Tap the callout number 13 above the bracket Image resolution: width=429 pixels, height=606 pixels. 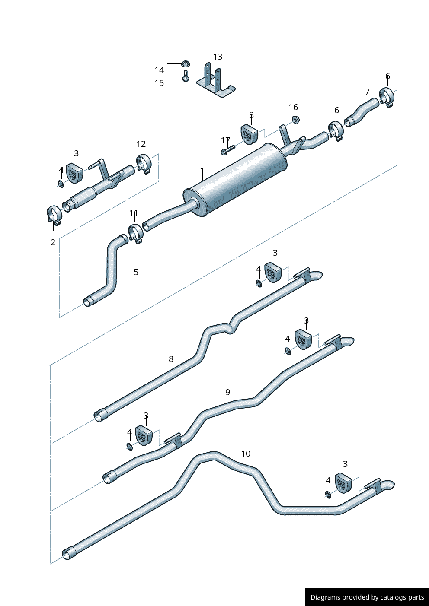pyautogui.click(x=218, y=57)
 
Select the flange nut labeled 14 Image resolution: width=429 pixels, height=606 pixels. pyautogui.click(x=186, y=64)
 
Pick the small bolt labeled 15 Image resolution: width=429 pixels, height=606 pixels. pyautogui.click(x=186, y=76)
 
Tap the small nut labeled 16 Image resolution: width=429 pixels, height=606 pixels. pyautogui.click(x=296, y=119)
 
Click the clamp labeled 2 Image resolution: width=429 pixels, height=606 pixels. pyautogui.click(x=54, y=215)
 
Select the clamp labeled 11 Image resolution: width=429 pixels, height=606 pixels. pyautogui.click(x=135, y=234)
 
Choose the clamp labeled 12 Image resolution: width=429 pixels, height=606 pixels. pyautogui.click(x=144, y=164)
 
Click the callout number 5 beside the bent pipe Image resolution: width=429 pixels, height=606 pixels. pyautogui.click(x=136, y=272)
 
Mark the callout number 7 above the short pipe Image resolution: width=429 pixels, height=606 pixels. pyautogui.click(x=367, y=92)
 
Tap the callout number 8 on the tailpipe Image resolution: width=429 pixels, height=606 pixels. pyautogui.click(x=171, y=359)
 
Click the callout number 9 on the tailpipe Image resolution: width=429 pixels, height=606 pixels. pyautogui.click(x=227, y=392)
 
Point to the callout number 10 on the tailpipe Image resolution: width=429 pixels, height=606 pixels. pyautogui.click(x=246, y=454)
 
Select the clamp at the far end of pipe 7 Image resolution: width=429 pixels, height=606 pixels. pyautogui.click(x=386, y=97)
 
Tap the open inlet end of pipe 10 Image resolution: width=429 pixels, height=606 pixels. pyautogui.click(x=67, y=555)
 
